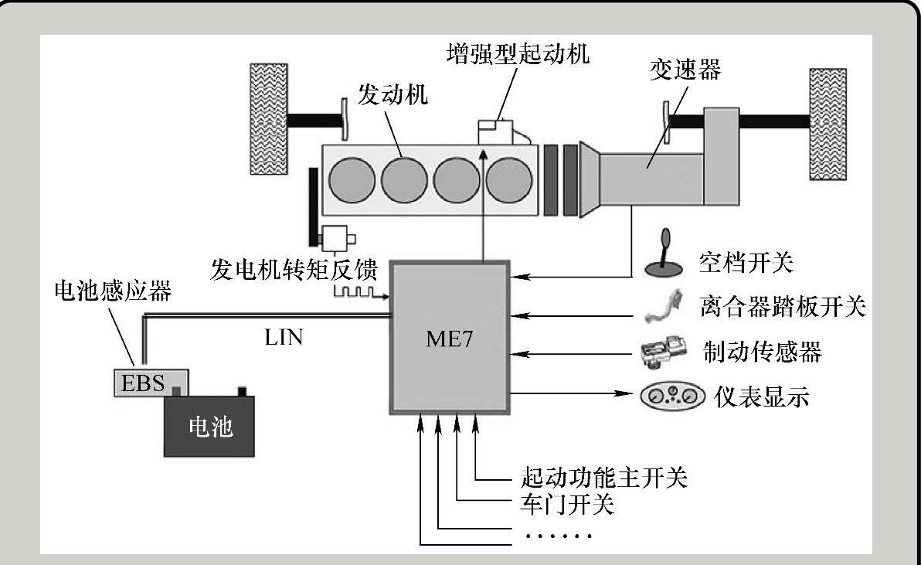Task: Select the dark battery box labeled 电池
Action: [209, 426]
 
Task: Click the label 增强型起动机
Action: [518, 53]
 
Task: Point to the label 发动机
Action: [393, 96]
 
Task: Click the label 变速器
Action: [685, 70]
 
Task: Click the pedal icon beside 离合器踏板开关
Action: [662, 307]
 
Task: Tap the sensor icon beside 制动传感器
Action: [661, 353]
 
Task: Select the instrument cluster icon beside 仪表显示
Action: [672, 396]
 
